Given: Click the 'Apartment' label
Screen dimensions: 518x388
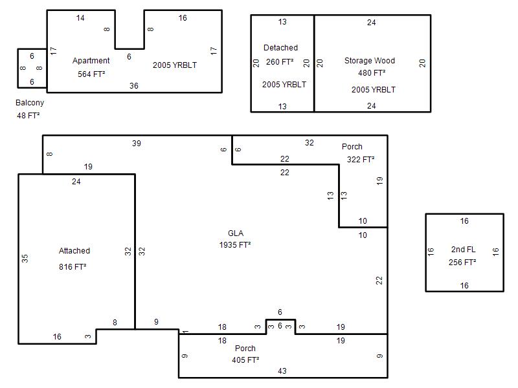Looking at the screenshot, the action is [x=91, y=61].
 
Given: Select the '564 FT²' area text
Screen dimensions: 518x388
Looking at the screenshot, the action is [x=91, y=74].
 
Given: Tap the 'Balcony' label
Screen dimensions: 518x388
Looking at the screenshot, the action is [x=30, y=103].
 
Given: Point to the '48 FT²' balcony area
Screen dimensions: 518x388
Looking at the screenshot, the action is [x=28, y=116].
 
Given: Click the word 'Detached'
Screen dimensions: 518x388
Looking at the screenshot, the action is [x=280, y=48].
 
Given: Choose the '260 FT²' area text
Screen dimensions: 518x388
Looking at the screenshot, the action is [x=280, y=61].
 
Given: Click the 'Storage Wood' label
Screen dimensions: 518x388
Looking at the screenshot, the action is [x=370, y=61].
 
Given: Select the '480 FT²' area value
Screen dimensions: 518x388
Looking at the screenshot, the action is [x=372, y=73].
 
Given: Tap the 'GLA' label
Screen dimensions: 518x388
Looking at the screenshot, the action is [x=236, y=233].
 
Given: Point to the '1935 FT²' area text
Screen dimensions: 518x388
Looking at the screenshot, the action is [x=235, y=245].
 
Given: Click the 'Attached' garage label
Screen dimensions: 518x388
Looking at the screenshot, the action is [x=74, y=251].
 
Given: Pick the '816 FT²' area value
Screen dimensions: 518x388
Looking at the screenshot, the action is [x=73, y=266].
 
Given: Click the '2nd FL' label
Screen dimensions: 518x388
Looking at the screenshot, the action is [x=463, y=250].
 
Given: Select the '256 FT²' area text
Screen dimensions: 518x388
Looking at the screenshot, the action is [x=462, y=263].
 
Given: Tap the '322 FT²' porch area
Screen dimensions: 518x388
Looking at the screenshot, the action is [x=361, y=160].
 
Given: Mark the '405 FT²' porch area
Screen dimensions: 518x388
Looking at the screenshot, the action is [x=245, y=360].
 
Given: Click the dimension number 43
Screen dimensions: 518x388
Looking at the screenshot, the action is [x=282, y=371].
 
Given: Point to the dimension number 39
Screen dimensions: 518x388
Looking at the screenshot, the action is [x=137, y=143].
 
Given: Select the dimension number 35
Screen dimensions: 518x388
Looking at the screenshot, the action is [x=25, y=258].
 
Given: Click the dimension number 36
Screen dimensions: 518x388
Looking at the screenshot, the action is [x=134, y=86].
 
